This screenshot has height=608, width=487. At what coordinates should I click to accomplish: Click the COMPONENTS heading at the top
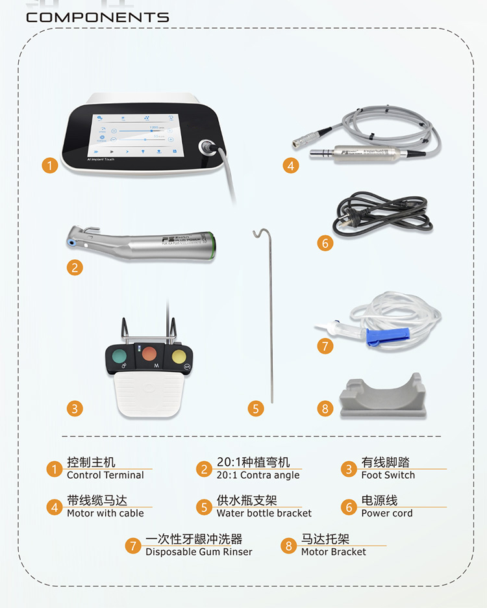[x=97, y=18]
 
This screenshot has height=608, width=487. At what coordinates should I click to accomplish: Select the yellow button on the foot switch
[x=178, y=355]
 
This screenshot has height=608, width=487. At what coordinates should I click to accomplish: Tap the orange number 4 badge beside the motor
[x=291, y=166]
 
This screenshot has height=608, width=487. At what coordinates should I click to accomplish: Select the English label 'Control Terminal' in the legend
[x=105, y=475]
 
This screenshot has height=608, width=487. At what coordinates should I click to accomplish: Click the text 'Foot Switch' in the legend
[x=388, y=475]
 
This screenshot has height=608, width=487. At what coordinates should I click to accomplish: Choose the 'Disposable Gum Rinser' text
[x=199, y=551]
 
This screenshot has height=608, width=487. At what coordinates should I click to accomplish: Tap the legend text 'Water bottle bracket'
[x=264, y=513]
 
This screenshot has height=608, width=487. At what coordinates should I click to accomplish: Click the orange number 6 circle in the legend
[x=349, y=507]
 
